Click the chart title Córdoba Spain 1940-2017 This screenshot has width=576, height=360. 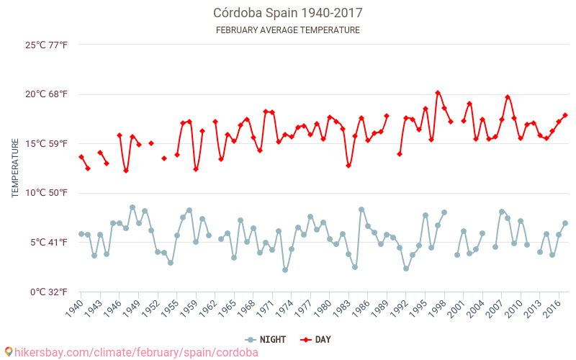click(x=287, y=13)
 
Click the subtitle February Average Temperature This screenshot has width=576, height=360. click(x=287, y=30)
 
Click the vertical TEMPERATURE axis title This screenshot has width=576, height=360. click(x=15, y=168)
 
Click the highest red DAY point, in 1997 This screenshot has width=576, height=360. click(x=438, y=93)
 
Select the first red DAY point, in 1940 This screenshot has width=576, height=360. click(x=81, y=157)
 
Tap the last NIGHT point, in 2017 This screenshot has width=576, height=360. click(x=565, y=223)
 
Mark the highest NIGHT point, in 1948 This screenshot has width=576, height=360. click(x=132, y=207)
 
